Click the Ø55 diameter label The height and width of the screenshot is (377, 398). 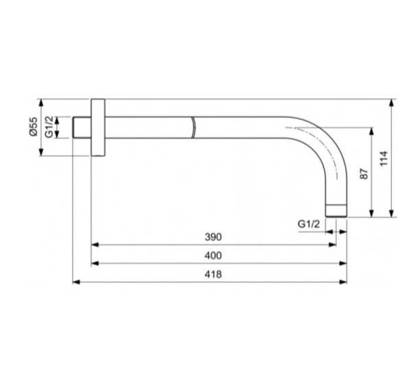tap(33, 127)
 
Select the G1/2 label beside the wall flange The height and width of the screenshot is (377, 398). tap(49, 127)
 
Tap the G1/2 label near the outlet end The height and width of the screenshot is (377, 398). tap(309, 224)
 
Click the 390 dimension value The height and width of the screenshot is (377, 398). tap(213, 236)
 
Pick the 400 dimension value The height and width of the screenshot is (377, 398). tap(213, 255)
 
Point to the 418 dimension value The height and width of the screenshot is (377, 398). tap(213, 273)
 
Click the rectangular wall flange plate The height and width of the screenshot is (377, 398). tap(97, 127)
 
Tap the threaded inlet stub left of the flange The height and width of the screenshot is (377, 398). tap(82, 127)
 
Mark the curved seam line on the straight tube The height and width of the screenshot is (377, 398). tap(194, 127)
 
